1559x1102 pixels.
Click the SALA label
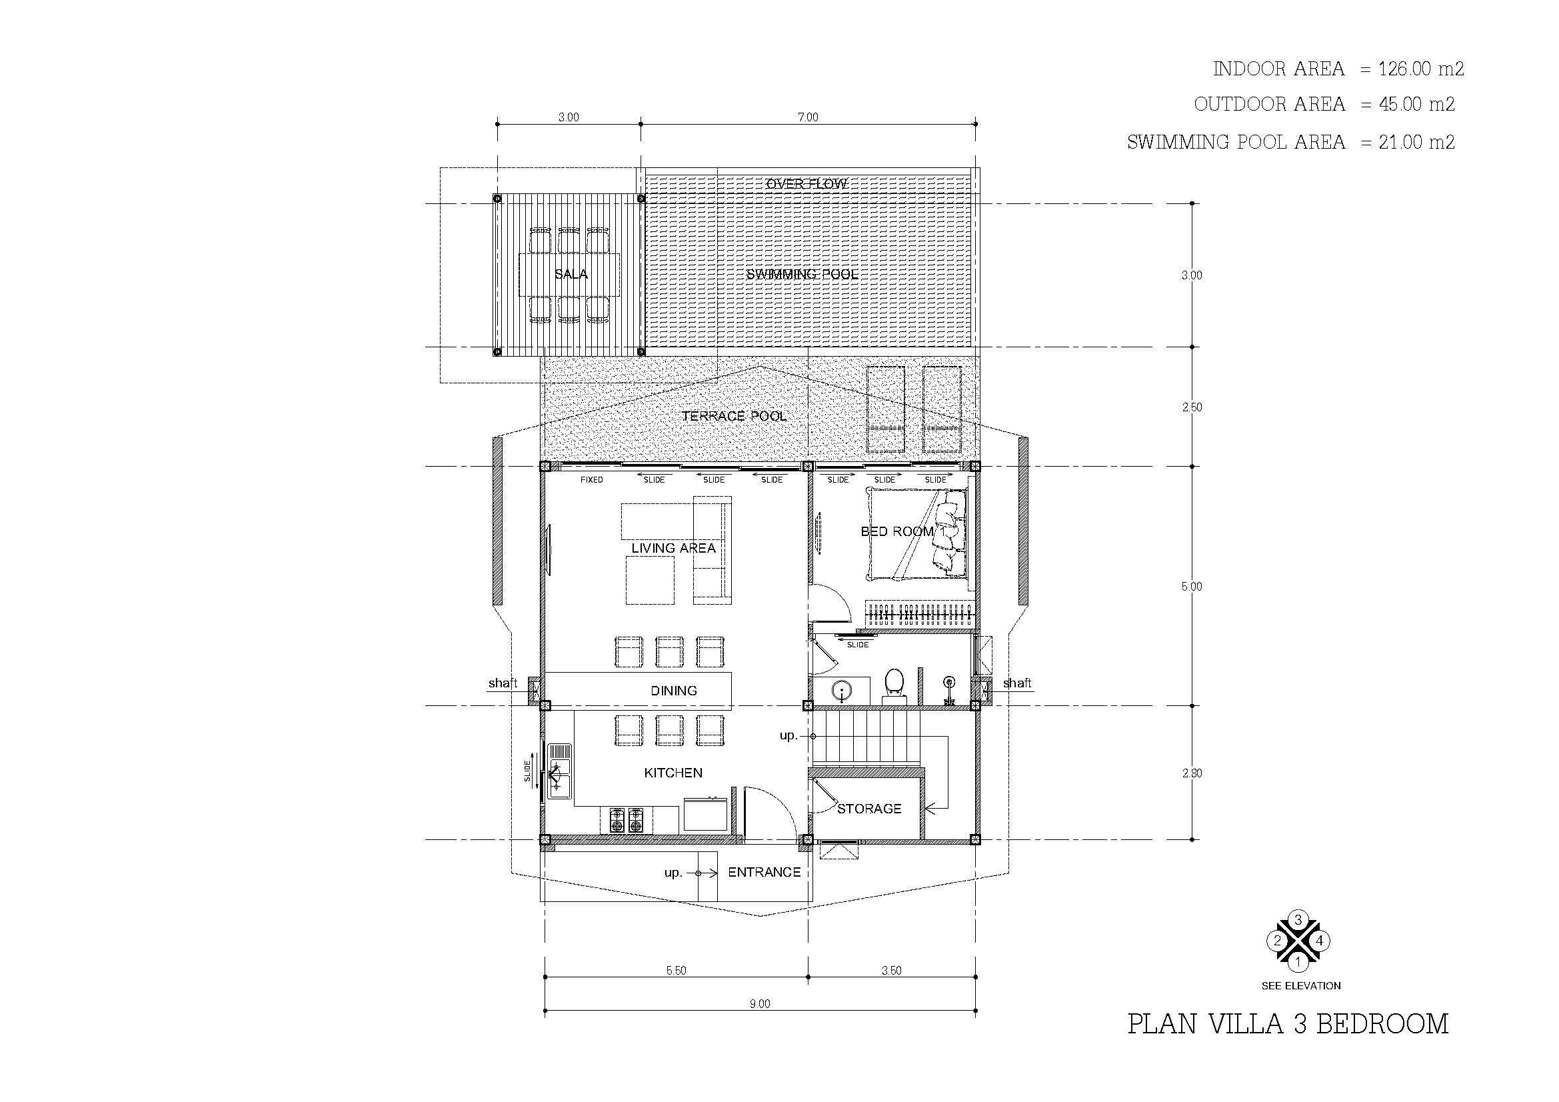pyautogui.click(x=571, y=274)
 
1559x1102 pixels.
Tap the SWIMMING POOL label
pyautogui.click(x=802, y=274)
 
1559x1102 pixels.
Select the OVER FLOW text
pyautogui.click(x=806, y=184)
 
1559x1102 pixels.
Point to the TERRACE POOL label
pyautogui.click(x=734, y=416)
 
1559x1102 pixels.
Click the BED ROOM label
pyautogui.click(x=897, y=531)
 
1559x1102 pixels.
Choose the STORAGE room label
pyautogui.click(x=869, y=809)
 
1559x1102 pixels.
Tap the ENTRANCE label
pyautogui.click(x=765, y=873)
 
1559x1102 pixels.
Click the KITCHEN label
pyautogui.click(x=673, y=773)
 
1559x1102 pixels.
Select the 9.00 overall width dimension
pyautogui.click(x=760, y=1003)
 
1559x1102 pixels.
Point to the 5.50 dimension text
pyautogui.click(x=677, y=970)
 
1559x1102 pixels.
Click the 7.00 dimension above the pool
pyautogui.click(x=808, y=117)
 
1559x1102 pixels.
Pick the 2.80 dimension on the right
pyautogui.click(x=1192, y=773)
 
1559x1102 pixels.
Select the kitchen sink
pyautogui.click(x=560, y=772)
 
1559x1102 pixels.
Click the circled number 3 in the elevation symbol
pyautogui.click(x=1298, y=921)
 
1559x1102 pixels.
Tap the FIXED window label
pyautogui.click(x=591, y=480)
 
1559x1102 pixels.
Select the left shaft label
pyautogui.click(x=503, y=683)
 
